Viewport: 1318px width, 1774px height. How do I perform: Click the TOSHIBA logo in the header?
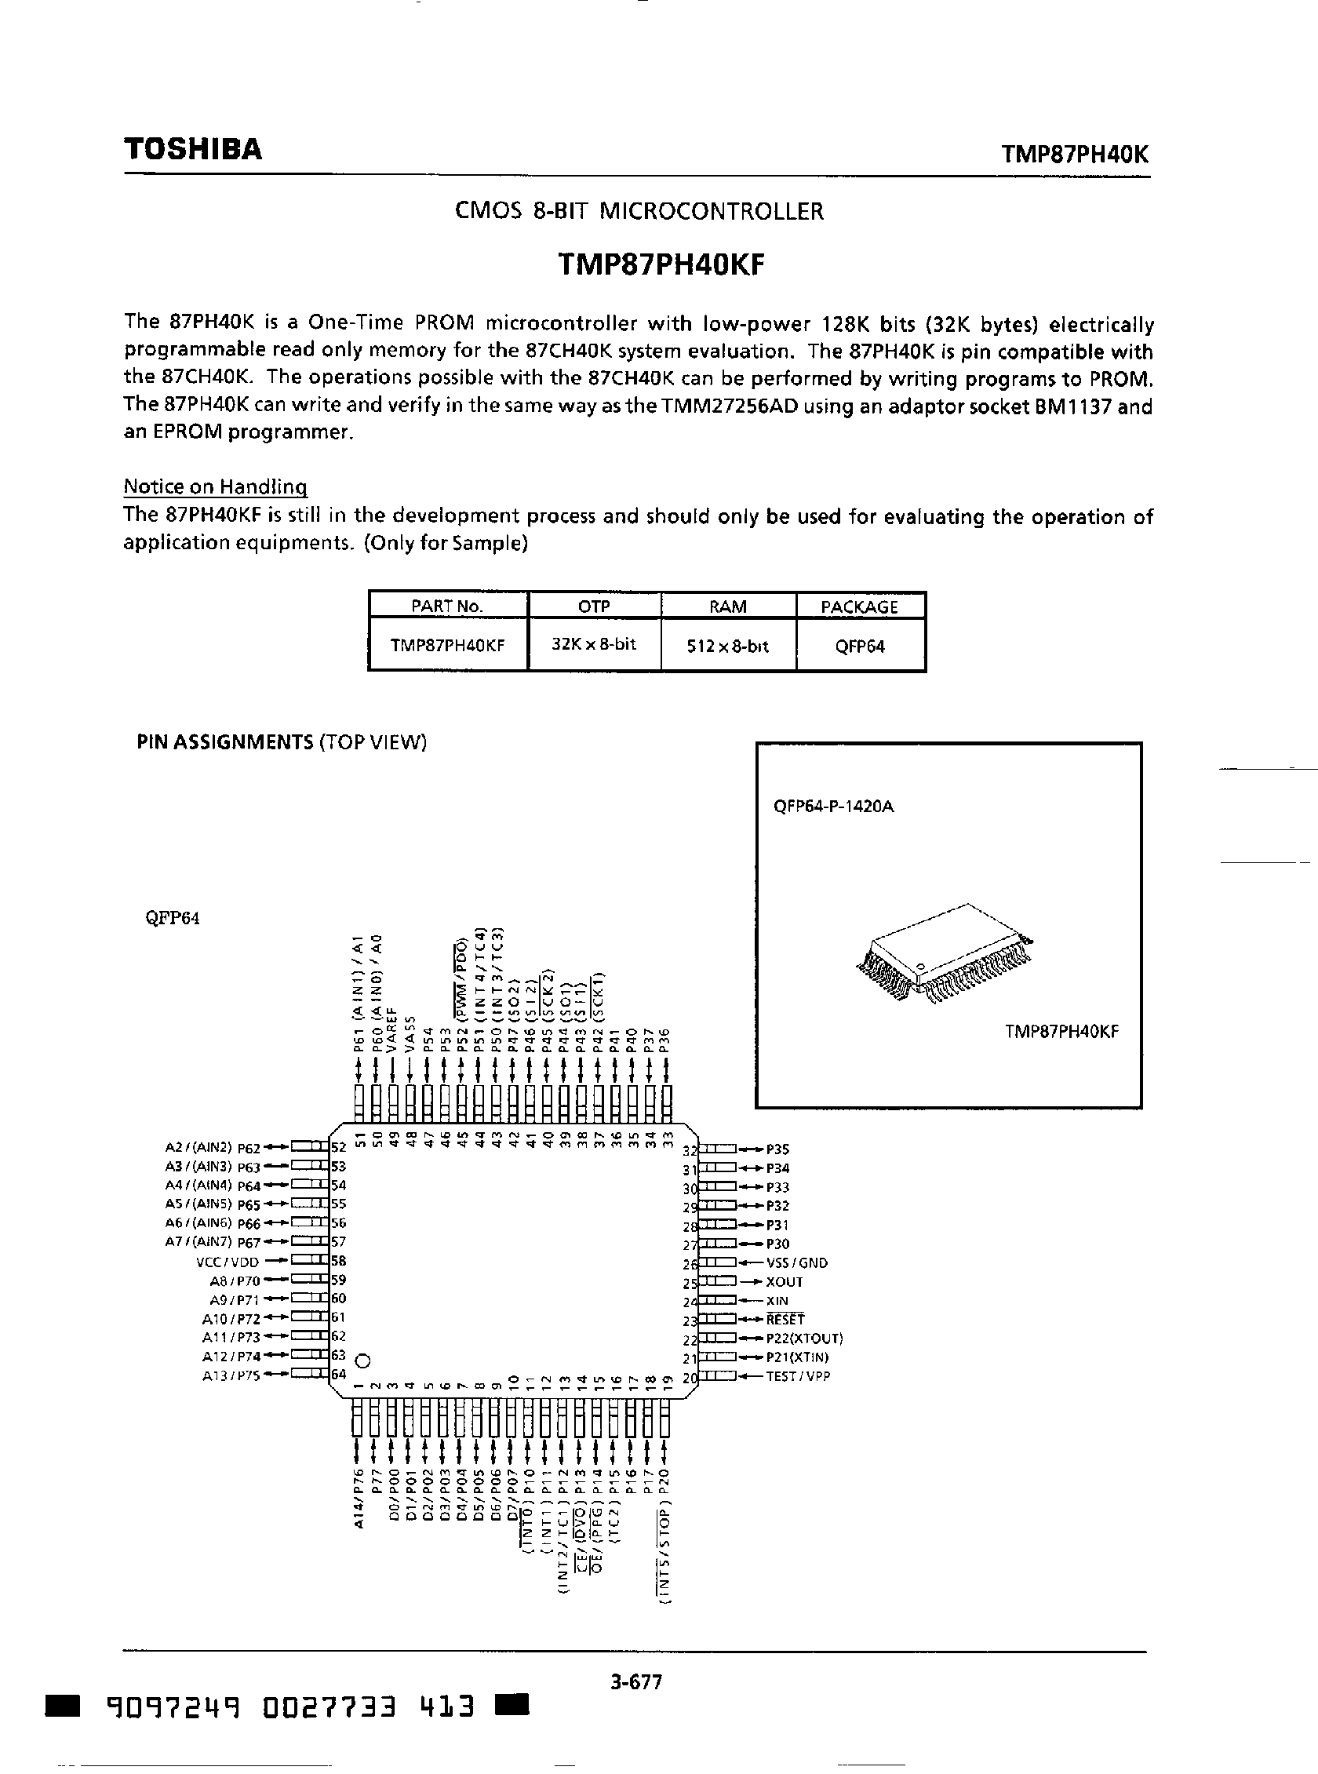click(192, 149)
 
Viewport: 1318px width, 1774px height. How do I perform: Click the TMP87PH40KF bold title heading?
click(661, 264)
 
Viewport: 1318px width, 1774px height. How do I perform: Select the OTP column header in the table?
click(594, 607)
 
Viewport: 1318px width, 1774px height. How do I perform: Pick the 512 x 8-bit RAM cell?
click(727, 647)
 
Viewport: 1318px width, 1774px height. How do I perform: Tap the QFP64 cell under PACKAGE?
click(859, 647)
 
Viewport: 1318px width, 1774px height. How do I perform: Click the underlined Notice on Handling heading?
click(216, 486)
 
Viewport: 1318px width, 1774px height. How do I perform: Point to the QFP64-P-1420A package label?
click(834, 806)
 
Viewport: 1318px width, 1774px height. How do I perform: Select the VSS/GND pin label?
click(796, 1262)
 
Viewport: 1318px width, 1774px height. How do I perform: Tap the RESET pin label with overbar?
click(785, 1319)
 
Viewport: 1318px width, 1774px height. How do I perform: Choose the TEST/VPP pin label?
click(798, 1375)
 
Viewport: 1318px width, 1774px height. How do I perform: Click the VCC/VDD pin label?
click(228, 1262)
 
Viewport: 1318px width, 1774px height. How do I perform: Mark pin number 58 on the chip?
click(338, 1261)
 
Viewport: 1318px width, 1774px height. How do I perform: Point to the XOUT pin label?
click(785, 1281)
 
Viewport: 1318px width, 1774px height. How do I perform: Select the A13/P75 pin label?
click(231, 1375)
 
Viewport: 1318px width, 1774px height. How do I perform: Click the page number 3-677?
click(636, 1682)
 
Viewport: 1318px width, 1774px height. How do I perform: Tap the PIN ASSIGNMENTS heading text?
click(225, 742)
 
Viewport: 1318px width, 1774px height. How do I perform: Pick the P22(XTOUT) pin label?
click(804, 1339)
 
